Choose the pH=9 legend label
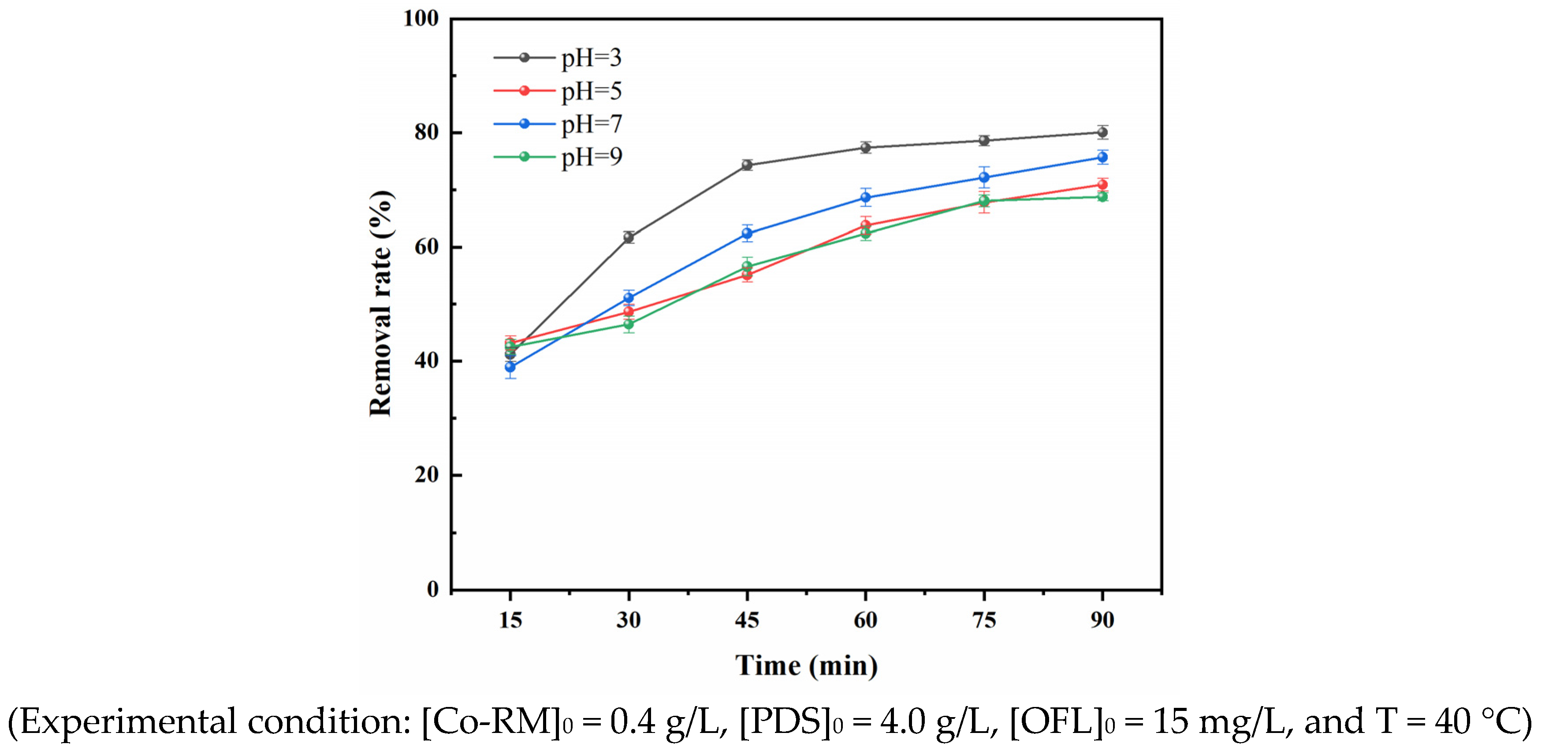[591, 157]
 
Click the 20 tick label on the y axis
[426, 475]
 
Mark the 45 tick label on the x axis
[747, 620]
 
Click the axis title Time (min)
[806, 666]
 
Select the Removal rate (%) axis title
[381, 303]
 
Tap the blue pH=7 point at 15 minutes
[510, 366]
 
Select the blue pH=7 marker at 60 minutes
[865, 197]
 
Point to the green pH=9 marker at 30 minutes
[629, 324]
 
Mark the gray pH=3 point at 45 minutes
[747, 165]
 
